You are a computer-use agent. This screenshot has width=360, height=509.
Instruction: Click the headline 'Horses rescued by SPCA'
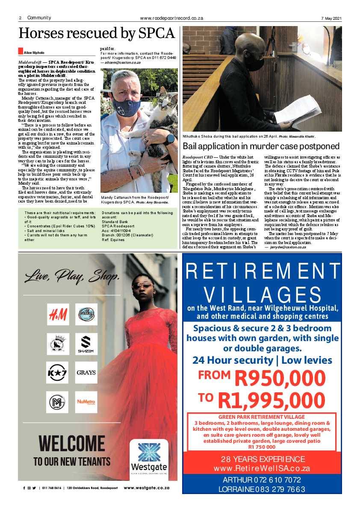(97, 33)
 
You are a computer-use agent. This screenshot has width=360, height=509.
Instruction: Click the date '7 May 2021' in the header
(331, 18)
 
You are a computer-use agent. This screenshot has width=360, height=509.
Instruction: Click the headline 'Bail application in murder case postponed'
(261, 147)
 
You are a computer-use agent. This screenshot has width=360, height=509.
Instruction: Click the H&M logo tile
(58, 315)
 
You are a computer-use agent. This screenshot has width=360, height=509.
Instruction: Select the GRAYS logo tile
(86, 373)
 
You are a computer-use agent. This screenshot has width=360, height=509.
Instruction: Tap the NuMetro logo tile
(86, 402)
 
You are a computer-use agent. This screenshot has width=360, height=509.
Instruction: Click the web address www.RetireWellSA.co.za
(262, 468)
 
